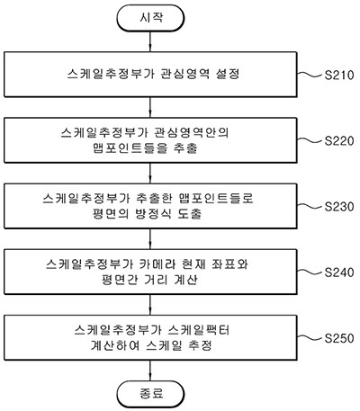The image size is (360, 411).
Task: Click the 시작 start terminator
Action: (150, 18)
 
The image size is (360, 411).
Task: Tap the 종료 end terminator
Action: (150, 394)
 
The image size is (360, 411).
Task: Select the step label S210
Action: (339, 75)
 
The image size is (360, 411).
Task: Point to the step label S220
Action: (339, 140)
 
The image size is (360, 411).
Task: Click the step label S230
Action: (339, 207)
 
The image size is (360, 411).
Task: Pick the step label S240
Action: (339, 273)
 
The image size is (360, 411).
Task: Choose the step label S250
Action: (339, 338)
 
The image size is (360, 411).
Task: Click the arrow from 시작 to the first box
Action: (150, 41)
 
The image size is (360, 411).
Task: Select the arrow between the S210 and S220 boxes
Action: (150, 107)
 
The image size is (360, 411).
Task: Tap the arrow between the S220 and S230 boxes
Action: (150, 173)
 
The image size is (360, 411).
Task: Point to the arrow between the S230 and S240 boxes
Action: (150, 239)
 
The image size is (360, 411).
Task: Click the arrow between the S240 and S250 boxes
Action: (150, 305)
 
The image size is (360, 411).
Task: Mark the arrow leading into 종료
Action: (150, 371)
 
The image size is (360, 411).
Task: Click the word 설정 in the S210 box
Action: (228, 74)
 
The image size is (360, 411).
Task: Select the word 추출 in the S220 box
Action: (185, 148)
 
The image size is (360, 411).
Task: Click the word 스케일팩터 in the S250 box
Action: (199, 330)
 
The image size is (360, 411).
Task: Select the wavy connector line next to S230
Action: (310, 206)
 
